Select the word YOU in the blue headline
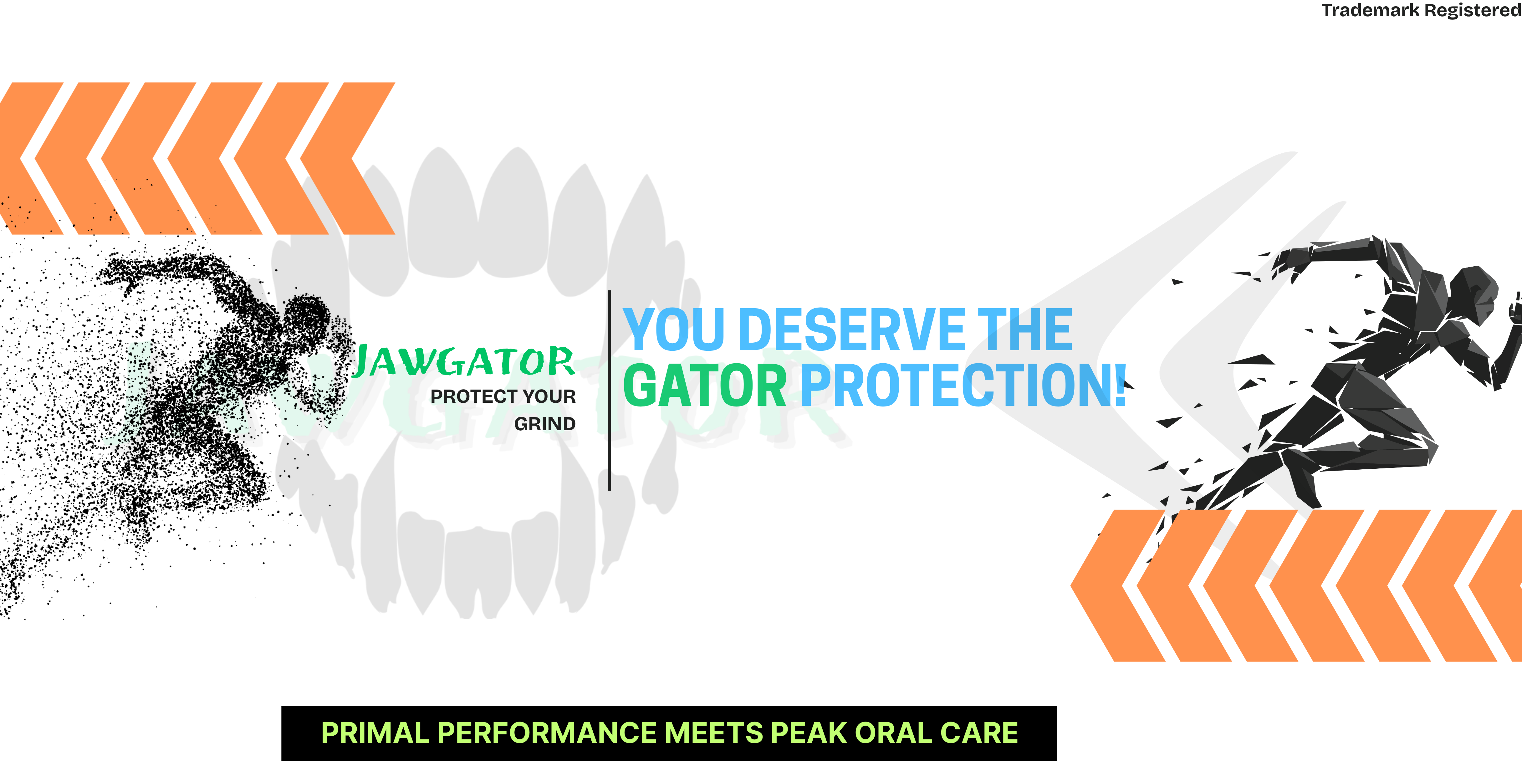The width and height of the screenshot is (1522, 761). (674, 330)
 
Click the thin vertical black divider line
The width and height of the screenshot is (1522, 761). (609, 390)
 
